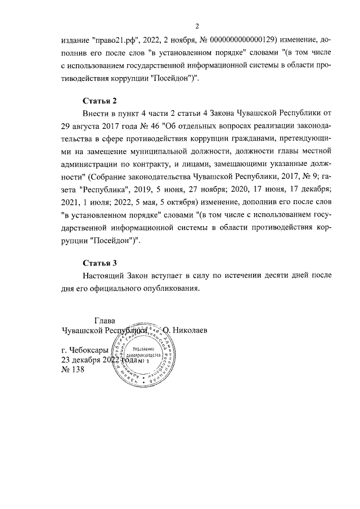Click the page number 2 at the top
[197, 26]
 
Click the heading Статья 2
[100, 101]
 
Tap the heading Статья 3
[100, 263]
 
